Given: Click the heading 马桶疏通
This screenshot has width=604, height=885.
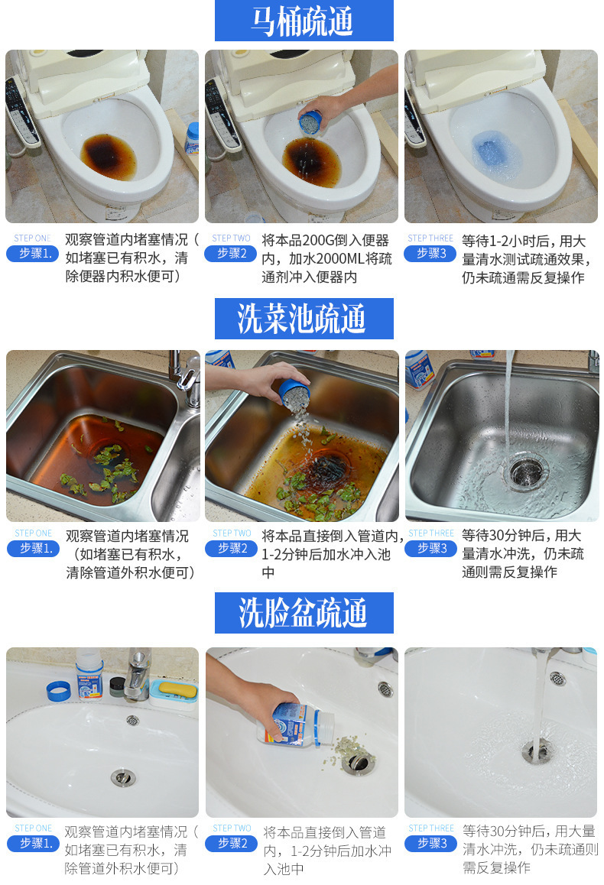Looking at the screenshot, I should pos(304,21).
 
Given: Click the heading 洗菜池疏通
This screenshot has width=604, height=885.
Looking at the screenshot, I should pos(304,319).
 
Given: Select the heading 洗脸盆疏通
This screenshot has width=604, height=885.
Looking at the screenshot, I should pos(304,613).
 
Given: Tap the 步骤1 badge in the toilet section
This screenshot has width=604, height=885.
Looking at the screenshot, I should pos(33,254).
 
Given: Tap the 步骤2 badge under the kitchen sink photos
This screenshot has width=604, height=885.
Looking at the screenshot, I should pos(231,549).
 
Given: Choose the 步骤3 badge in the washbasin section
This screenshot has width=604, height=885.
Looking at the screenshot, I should pos(430,844).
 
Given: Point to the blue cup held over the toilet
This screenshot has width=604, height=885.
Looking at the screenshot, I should pos(310,122).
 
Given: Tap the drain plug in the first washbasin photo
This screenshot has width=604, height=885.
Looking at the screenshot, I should pos(123,777).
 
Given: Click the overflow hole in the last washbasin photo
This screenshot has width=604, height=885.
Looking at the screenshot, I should pos(558,678).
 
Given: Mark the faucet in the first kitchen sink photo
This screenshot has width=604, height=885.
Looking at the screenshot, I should pos(185,374).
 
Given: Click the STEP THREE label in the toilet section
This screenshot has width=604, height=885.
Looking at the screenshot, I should pos(430,238).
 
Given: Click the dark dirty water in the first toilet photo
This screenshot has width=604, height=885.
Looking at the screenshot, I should pos(107,155).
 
